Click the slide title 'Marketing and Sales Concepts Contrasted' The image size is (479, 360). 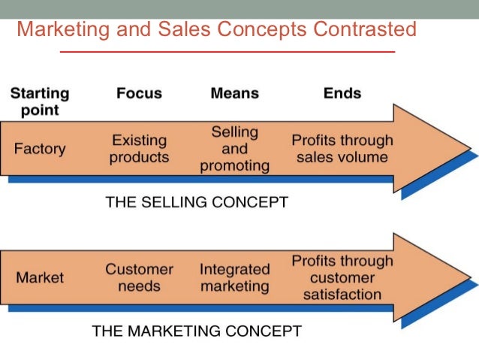216,29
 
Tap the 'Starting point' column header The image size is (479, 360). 39,101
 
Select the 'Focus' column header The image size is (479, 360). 139,93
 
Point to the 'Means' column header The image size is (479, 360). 234,93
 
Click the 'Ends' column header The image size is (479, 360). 342,93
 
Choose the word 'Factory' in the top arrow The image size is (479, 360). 39,149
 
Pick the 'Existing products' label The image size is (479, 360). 140,149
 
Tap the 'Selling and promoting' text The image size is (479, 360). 234,149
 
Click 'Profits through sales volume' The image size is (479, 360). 342,149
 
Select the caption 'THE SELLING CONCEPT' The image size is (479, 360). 197,202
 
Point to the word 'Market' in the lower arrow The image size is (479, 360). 40,277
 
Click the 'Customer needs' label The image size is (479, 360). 139,277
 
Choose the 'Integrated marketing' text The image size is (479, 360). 234,277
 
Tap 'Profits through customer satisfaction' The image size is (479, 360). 342,277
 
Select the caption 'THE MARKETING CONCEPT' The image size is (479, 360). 197,331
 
